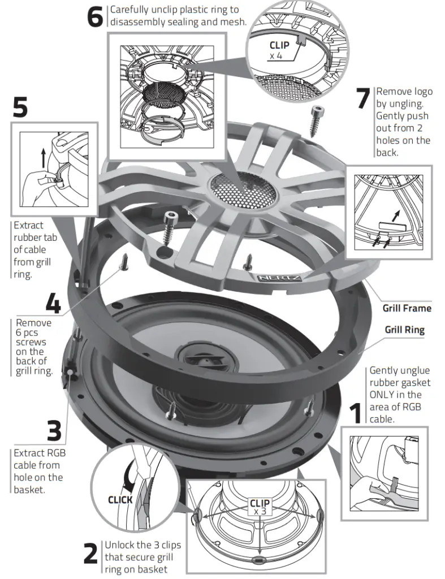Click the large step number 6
tap(95, 18)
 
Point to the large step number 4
tap(53, 304)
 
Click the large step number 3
tap(54, 430)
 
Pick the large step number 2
tap(91, 554)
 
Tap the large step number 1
tap(356, 413)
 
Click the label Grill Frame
tap(407, 308)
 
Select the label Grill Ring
tap(404, 330)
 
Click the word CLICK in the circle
tap(120, 500)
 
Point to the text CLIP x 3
tap(260, 507)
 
